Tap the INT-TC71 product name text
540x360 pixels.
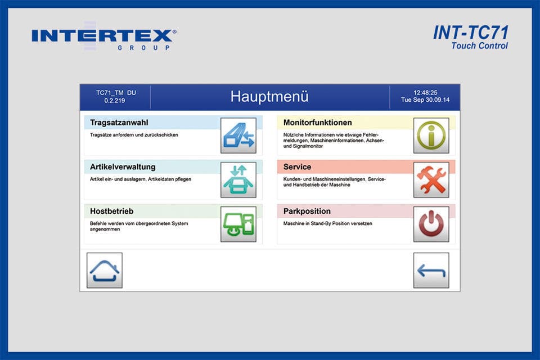470,33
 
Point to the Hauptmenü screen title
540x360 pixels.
269,97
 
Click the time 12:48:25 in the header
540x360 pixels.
425,92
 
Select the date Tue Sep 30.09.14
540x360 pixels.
425,101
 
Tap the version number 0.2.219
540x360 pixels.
115,101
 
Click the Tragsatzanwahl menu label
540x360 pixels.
119,123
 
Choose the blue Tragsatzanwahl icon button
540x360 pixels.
238,136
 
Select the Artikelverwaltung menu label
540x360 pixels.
123,167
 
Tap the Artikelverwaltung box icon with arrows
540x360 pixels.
238,180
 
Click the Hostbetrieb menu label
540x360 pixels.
112,211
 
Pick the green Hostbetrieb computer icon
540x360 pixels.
238,224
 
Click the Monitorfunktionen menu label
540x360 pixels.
318,123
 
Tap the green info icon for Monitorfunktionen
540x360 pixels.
431,136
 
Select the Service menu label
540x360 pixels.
298,167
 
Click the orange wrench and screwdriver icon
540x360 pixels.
431,180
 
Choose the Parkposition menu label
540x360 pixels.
307,211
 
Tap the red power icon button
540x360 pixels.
431,224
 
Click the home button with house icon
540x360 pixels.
105,271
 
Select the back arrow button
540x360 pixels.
431,271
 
